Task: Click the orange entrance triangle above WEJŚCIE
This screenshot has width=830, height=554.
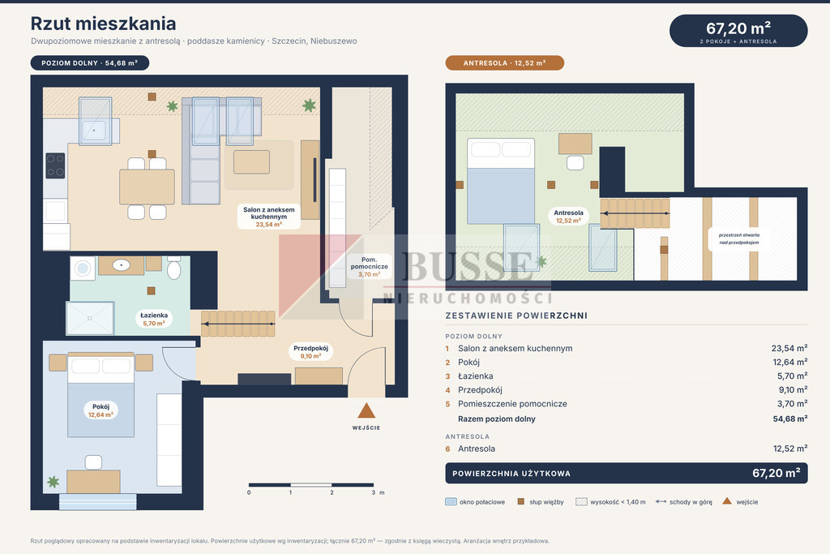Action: coord(366,410)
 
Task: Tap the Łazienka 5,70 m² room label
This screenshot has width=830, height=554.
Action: coord(153,319)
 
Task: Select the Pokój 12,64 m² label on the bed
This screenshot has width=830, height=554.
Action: coord(101,410)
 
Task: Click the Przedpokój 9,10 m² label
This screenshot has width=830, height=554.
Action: coord(310,352)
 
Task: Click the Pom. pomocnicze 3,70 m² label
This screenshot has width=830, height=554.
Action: coord(369,267)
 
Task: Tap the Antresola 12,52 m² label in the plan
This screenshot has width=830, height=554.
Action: coord(568,216)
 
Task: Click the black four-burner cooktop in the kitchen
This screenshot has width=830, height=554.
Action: coord(55,165)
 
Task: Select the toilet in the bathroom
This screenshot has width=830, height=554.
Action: coord(173,268)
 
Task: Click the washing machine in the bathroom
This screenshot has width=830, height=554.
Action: coord(83,268)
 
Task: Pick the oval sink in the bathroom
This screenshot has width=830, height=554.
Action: coord(122,264)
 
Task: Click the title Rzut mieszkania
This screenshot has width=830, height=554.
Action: coord(103,24)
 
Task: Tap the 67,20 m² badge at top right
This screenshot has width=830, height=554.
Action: coord(738,31)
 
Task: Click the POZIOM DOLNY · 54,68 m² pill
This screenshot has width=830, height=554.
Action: coord(90,63)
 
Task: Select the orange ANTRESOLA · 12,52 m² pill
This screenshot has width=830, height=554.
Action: coord(504,63)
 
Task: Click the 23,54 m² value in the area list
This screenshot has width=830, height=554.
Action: coord(789,349)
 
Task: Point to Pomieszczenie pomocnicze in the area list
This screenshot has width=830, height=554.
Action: coord(512,404)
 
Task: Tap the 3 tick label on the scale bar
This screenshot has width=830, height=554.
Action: coord(373,492)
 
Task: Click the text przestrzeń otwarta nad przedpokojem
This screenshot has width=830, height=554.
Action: coord(739,238)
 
